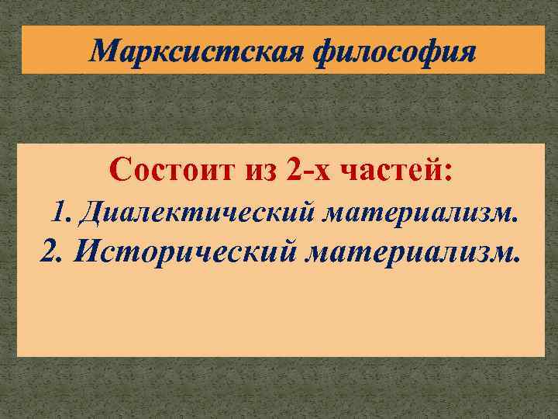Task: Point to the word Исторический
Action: pyautogui.click(x=181, y=252)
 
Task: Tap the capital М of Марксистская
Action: pyautogui.click(x=104, y=50)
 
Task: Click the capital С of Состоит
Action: pyautogui.click(x=121, y=168)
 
